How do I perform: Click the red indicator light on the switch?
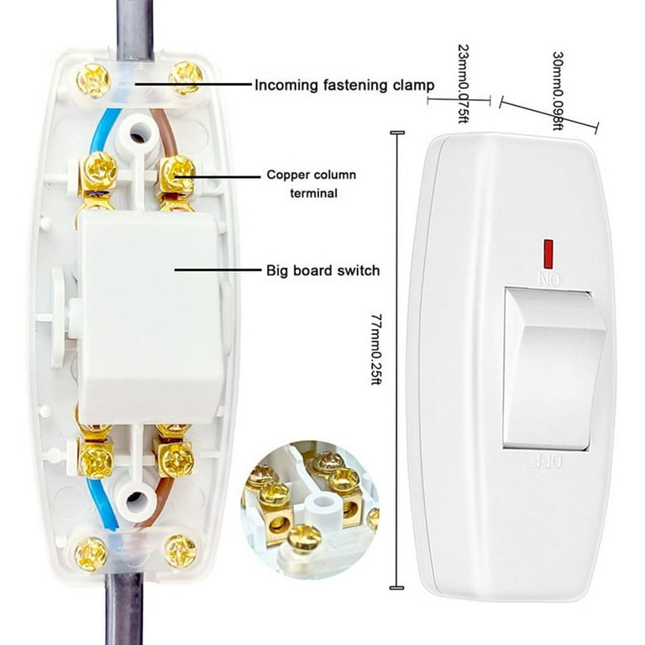pos(548,253)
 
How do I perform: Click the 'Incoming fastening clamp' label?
pos(344,85)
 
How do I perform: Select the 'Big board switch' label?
pos(322,270)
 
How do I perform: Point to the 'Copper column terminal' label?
pos(312,183)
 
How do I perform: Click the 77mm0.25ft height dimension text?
pos(376,349)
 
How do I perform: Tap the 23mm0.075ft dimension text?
pos(464,83)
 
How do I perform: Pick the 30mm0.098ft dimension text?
pos(558,91)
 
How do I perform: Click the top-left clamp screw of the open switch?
pos(93,80)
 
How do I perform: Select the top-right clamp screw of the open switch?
pos(186,78)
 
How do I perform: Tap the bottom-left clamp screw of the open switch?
pos(91,553)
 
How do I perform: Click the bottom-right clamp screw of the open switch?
pos(181,551)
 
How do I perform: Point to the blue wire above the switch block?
pos(101,132)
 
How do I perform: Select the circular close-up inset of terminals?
pos(310,510)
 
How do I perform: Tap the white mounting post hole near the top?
pos(139,135)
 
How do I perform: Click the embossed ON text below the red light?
pos(549,280)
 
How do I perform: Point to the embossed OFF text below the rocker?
pos(546,462)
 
